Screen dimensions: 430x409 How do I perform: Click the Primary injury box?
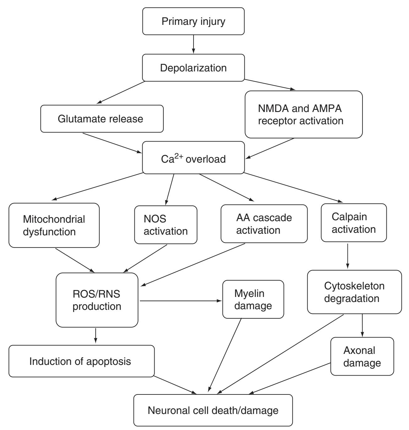(x=193, y=21)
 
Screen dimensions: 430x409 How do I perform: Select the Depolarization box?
(x=193, y=68)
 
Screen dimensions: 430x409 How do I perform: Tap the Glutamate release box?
(x=102, y=119)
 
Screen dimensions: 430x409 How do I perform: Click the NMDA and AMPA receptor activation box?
(x=303, y=114)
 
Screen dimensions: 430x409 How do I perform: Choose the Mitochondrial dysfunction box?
(x=54, y=225)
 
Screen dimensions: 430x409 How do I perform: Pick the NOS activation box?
(x=166, y=225)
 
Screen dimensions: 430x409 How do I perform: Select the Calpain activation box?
(x=353, y=223)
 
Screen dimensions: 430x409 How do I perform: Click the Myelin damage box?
(x=253, y=299)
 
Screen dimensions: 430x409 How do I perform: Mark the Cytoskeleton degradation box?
(x=354, y=292)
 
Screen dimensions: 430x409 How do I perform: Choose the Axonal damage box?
(x=362, y=356)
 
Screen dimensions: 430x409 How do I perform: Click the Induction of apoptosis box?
(x=81, y=361)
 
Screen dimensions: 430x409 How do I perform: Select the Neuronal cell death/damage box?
(x=213, y=410)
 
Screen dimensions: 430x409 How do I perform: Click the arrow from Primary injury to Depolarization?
(x=193, y=44)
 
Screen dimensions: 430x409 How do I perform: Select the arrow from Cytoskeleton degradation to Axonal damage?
(x=363, y=325)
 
